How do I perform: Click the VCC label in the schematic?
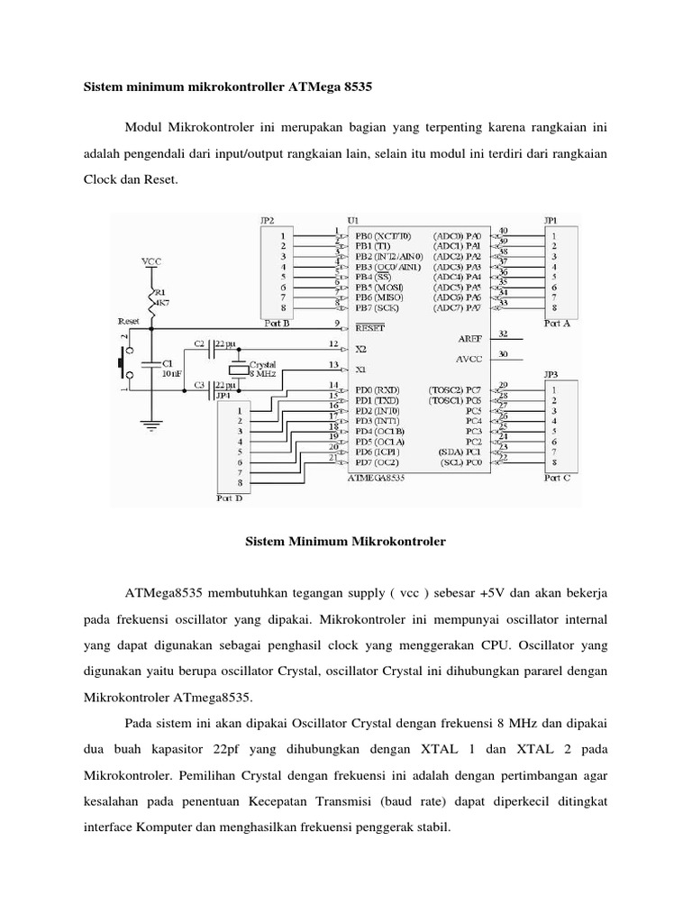[x=150, y=261]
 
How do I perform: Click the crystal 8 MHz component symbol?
[x=237, y=367]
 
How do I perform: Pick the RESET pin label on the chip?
[x=369, y=329]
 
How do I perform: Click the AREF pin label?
[x=469, y=340]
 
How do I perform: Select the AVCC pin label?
[x=469, y=359]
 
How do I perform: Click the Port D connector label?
[x=230, y=497]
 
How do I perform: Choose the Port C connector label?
[x=555, y=479]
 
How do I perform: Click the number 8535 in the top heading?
[x=351, y=88]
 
